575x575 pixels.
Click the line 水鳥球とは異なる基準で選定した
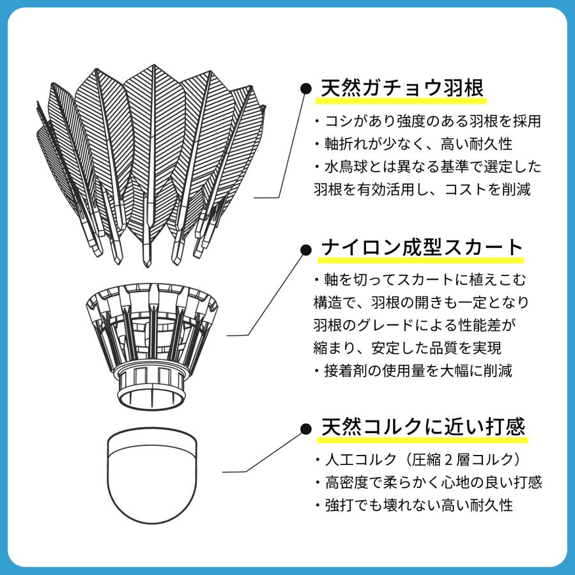(428, 167)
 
